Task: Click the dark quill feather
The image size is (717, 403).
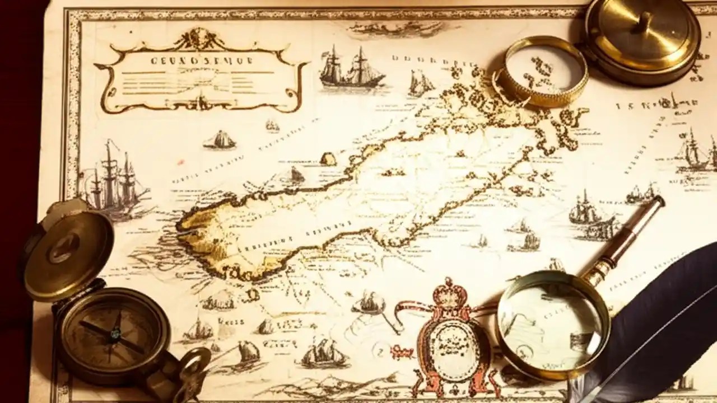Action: (x=661, y=325)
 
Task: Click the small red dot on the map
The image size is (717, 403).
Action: (x=180, y=162)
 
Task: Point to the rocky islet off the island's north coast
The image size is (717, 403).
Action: (x=328, y=159)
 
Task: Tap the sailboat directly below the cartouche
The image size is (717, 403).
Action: (x=220, y=140)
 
